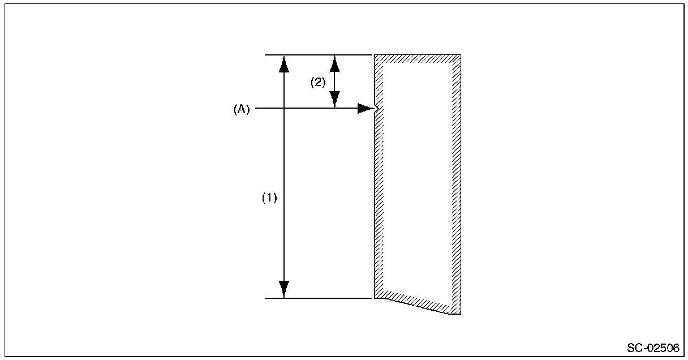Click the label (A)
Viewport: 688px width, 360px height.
click(242, 110)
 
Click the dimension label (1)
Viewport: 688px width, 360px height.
click(269, 198)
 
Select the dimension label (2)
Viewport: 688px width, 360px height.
click(318, 82)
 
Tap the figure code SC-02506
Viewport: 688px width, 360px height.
click(653, 347)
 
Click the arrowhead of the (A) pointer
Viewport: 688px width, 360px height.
click(366, 109)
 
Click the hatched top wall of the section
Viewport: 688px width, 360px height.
click(418, 58)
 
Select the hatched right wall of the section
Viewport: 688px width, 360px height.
click(456, 181)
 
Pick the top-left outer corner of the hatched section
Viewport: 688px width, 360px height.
click(375, 55)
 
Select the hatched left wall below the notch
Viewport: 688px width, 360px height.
click(379, 204)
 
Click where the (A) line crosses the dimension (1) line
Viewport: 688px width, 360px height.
click(284, 108)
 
